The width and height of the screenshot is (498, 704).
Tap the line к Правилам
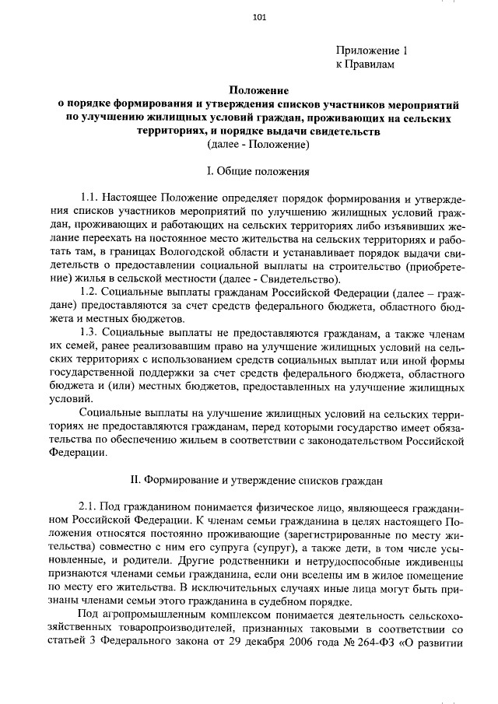tap(365, 65)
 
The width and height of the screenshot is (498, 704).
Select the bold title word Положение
tap(259, 91)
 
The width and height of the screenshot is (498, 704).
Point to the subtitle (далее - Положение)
tap(259, 145)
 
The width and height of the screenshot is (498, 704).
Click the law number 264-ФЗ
tap(369, 645)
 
